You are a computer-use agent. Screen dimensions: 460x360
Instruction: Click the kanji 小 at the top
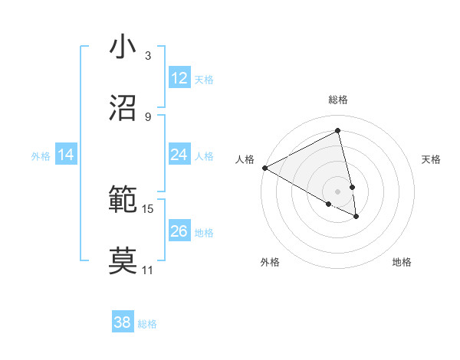click(x=123, y=47)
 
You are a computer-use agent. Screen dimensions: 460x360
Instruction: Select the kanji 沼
click(x=123, y=107)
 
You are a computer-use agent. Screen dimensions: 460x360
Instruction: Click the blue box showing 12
click(x=179, y=78)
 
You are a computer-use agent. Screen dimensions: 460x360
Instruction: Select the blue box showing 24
click(x=179, y=155)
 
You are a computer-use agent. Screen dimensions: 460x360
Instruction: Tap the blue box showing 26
click(x=179, y=231)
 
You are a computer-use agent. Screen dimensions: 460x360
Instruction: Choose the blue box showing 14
click(x=66, y=155)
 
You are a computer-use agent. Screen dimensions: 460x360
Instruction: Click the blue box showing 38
click(x=123, y=322)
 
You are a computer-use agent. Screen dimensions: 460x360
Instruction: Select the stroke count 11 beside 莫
click(x=148, y=270)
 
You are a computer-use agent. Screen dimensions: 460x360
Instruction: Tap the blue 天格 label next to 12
click(x=204, y=79)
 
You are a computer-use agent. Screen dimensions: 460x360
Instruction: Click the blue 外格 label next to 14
click(x=41, y=155)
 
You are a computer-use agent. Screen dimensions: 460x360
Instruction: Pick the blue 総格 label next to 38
click(x=147, y=323)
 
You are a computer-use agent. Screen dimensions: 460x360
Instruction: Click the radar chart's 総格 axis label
click(x=338, y=100)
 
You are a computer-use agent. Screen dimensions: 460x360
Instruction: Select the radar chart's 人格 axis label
click(x=245, y=159)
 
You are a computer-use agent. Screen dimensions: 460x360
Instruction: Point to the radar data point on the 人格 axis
click(x=264, y=168)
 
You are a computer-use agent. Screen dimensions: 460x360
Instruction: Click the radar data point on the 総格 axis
click(x=338, y=131)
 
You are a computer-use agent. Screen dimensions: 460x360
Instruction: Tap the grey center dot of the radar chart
click(x=338, y=191)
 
